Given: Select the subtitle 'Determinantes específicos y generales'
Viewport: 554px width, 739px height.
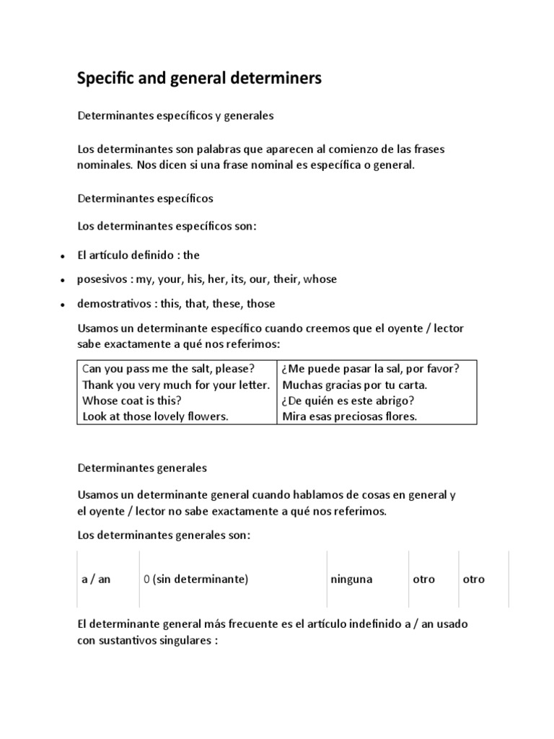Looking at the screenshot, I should point(175,115).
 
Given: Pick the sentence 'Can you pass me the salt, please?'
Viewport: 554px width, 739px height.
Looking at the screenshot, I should point(168,368).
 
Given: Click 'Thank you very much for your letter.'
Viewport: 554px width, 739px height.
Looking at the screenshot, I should point(176,384).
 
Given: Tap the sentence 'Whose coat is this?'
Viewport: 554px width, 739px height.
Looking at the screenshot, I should point(131,401).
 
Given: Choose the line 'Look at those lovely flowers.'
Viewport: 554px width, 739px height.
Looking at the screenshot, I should point(155,416).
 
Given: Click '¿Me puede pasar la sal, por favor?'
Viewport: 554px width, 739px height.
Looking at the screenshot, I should point(371,368).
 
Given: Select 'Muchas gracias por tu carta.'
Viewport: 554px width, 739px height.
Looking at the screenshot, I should point(355,384).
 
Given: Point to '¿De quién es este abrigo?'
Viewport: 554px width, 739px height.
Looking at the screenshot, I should point(350,401).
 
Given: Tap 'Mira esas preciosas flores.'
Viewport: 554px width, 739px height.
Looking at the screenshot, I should point(350,416).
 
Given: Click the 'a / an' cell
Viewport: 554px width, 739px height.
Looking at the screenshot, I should point(96,580).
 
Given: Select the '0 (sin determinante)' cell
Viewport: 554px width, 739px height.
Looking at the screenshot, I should point(195,580).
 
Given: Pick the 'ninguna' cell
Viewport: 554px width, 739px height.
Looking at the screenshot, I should point(351,580).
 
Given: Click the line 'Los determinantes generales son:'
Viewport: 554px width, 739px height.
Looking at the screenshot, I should point(164,535).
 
